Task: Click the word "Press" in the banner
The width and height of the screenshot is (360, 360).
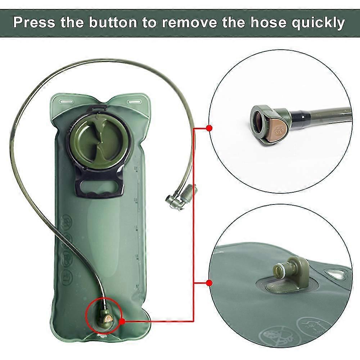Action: pyautogui.click(x=34, y=22)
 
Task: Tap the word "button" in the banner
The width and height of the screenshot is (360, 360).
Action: pyautogui.click(x=113, y=22)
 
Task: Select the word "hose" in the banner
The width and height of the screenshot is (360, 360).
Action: pyautogui.click(x=269, y=22)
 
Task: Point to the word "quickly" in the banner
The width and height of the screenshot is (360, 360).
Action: pyautogui.click(x=318, y=23)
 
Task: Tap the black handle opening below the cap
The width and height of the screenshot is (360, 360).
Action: pyautogui.click(x=99, y=186)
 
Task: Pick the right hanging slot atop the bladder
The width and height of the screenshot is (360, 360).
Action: pyautogui.click(x=135, y=101)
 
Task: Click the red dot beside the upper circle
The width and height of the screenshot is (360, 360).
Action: pyautogui.click(x=209, y=128)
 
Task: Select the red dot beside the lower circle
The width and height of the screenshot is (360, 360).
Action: pyautogui.click(x=209, y=283)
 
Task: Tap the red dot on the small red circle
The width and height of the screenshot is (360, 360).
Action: pyautogui.click(x=122, y=321)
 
